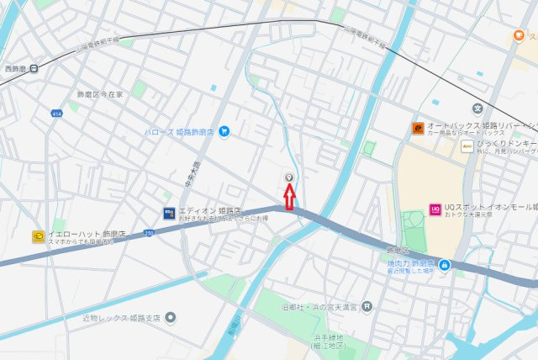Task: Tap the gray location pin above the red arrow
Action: pyautogui.click(x=289, y=178)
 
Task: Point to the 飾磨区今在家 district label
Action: pyautogui.click(x=99, y=94)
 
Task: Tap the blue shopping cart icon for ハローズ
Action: pyautogui.click(x=224, y=132)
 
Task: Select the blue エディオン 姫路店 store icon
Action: pyautogui.click(x=169, y=213)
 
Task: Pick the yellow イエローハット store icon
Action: pyautogui.click(x=39, y=237)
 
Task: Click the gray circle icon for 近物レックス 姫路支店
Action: pyautogui.click(x=171, y=318)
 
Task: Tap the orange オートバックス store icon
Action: pyautogui.click(x=417, y=128)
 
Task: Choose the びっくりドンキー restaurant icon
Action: pyautogui.click(x=468, y=146)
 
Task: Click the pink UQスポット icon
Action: pyautogui.click(x=435, y=209)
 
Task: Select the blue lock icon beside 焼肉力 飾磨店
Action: pyautogui.click(x=444, y=266)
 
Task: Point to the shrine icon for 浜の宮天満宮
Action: pyautogui.click(x=368, y=308)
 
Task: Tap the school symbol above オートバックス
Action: pyautogui.click(x=477, y=108)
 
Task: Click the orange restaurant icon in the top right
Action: pyautogui.click(x=520, y=36)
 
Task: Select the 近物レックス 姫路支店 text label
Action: pyautogui.click(x=121, y=318)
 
